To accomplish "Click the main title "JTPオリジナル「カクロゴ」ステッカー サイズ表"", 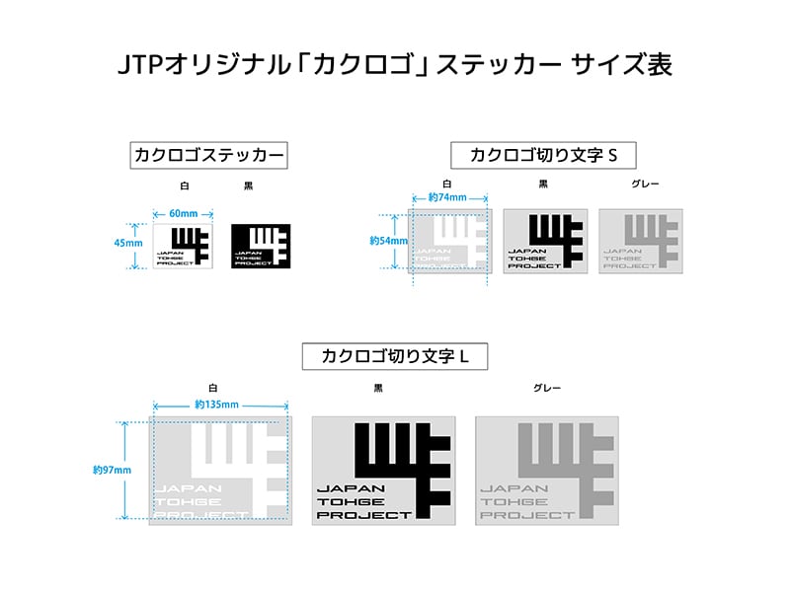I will pos(394,65).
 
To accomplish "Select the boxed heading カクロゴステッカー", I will pos(209,155).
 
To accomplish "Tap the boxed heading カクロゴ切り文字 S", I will pos(542,155).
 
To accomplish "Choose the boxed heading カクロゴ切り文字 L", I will pos(394,356).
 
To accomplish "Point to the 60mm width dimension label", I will pos(184,213).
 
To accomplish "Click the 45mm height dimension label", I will pos(129,243).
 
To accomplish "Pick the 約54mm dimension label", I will pos(382,240).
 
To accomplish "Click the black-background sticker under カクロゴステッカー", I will pos(261,246).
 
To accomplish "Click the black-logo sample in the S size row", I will pos(545,241).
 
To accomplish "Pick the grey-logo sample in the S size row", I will pos(641,241).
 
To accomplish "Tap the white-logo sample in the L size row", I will pos(219,470).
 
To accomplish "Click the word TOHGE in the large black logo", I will pos(347,501).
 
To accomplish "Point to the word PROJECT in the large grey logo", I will pos(526,515).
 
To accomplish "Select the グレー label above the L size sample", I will pos(545,389).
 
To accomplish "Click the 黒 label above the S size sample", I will pos(543,184).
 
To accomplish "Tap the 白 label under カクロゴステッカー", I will pos(184,185).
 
